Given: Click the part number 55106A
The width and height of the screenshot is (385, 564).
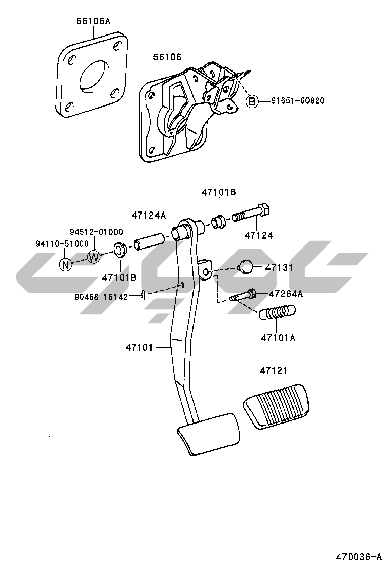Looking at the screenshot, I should coord(94,21).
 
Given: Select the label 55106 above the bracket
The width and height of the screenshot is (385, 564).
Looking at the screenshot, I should coord(167,58).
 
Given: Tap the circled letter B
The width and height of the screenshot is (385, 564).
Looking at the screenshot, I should coord(252,101).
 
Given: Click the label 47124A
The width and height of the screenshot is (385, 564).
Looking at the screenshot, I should coord(148,215).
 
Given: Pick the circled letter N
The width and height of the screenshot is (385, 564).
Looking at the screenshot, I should coord(65,264).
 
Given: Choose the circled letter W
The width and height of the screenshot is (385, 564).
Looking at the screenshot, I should coord(94,257).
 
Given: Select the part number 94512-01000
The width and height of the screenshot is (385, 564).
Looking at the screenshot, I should coord(96,232).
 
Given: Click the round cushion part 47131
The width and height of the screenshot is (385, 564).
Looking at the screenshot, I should coord(245,267).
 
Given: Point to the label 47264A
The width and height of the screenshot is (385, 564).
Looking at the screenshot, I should coord(286,294).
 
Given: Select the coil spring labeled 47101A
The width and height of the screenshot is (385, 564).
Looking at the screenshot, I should coord(278,313).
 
